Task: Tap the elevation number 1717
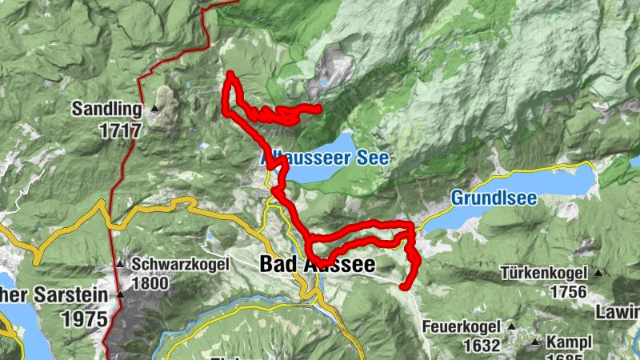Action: point(121,130)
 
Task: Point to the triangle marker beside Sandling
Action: point(154,108)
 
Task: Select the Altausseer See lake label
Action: point(325,158)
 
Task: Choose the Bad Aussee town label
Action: point(317,264)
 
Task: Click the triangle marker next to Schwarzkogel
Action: point(120,264)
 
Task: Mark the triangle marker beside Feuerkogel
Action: point(510,327)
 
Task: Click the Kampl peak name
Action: point(569,342)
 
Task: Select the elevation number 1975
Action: point(84,318)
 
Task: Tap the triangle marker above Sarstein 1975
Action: point(121,295)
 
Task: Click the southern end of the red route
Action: point(406,285)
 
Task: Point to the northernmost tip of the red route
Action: point(230,74)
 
